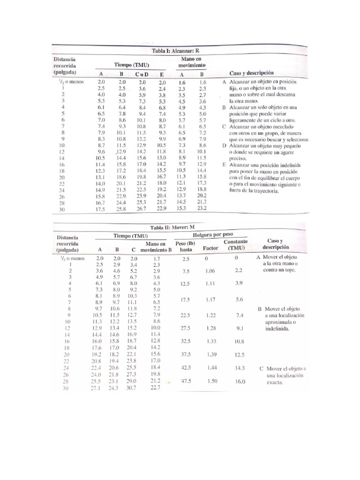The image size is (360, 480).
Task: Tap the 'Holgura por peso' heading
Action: tap(213, 234)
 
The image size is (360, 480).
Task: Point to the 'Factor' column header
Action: tap(210, 247)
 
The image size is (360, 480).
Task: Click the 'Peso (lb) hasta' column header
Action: tap(185, 246)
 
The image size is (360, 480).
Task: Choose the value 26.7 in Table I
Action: tap(141, 209)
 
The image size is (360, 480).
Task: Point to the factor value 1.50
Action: tap(211, 382)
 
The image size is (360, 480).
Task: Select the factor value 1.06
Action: tap(210, 271)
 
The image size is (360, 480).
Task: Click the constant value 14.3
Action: tap(239, 368)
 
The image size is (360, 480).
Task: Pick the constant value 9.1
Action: tap(239, 328)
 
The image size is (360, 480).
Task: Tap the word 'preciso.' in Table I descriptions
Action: tap(238, 158)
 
